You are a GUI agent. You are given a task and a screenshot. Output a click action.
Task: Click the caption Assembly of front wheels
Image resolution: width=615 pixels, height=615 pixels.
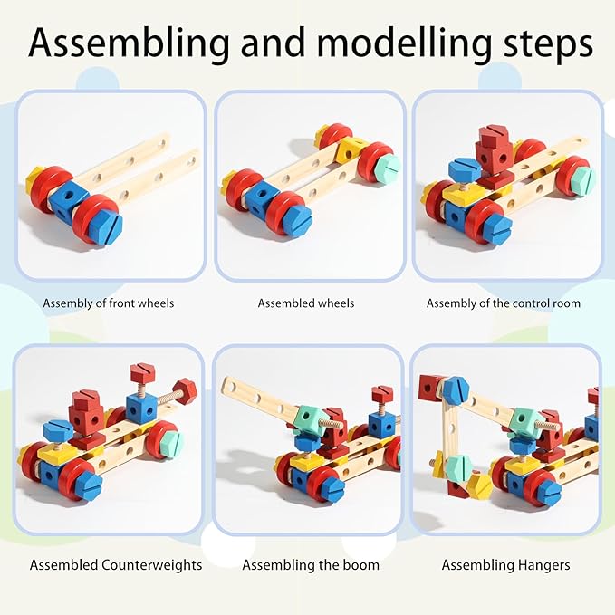pos(109,303)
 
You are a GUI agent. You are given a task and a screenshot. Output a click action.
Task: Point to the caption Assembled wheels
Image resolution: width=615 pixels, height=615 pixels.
pos(306,303)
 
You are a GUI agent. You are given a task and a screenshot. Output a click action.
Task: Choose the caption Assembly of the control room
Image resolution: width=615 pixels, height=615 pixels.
pos(504,303)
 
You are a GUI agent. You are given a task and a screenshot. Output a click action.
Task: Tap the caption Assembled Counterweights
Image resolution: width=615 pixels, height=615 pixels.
pos(116,564)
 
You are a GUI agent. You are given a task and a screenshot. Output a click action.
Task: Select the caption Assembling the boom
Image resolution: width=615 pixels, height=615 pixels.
pos(311,564)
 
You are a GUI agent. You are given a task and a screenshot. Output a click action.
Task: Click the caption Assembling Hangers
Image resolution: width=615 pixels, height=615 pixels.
pos(505,564)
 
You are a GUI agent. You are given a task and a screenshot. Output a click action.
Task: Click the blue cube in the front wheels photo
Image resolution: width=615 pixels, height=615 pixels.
pos(68,197)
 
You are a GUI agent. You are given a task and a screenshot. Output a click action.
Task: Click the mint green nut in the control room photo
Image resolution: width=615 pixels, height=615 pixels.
pos(580,179)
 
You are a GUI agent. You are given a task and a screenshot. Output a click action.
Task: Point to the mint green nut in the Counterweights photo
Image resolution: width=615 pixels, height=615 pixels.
pos(169,443)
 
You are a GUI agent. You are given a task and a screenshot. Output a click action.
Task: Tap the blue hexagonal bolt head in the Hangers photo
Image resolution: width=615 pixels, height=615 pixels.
pos(455,389)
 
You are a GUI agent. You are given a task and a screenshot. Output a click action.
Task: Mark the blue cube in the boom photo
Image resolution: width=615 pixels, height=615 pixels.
pos(381,422)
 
